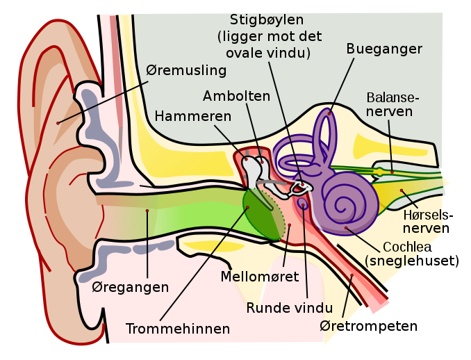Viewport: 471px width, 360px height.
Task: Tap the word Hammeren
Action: [193, 116]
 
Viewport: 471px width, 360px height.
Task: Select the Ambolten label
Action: [236, 96]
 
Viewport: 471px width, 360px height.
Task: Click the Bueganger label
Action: [384, 49]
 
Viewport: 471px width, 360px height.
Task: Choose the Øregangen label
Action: [131, 287]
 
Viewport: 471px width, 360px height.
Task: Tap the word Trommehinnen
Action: [177, 327]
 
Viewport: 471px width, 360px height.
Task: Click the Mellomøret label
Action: [259, 277]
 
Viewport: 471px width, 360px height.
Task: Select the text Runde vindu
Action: [289, 308]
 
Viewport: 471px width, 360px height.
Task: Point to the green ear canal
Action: [181, 215]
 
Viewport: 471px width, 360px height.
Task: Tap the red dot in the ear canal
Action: [147, 210]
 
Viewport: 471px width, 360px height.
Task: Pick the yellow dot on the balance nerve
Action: [391, 171]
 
